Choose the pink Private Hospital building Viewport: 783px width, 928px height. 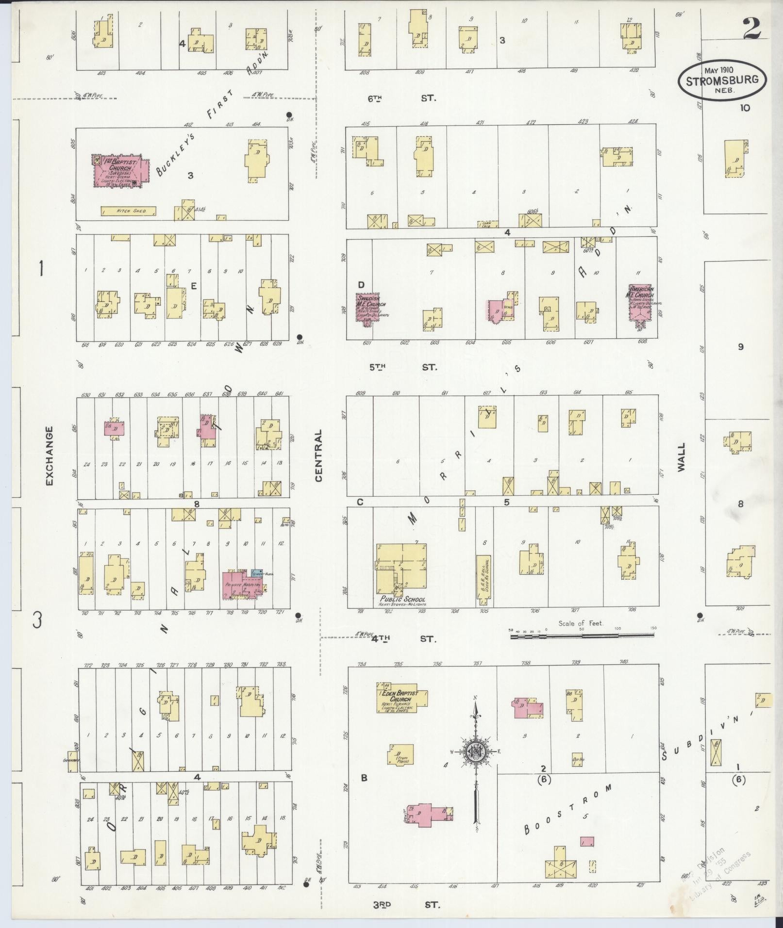coord(241,585)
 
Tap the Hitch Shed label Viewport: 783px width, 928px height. coord(129,212)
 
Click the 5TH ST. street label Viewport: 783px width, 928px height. coord(402,367)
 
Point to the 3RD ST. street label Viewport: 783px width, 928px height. coord(406,905)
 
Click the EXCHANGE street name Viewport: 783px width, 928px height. coord(49,456)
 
